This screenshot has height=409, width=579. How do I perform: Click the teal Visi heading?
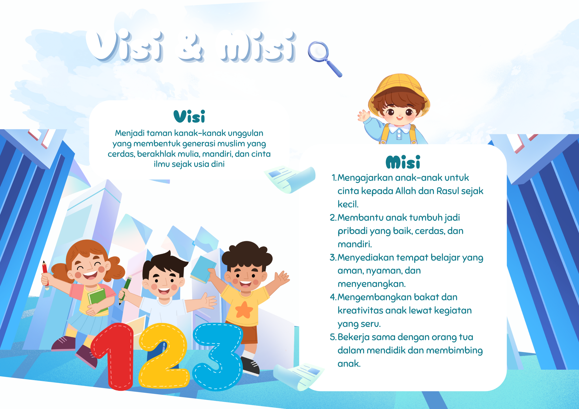point(189,116)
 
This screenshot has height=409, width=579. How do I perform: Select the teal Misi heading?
point(403,162)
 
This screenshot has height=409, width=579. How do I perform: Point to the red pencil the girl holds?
point(45,275)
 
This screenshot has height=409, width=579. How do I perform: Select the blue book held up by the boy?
point(203,269)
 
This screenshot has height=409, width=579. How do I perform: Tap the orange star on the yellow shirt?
point(244,310)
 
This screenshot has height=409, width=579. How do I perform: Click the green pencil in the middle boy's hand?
point(125,289)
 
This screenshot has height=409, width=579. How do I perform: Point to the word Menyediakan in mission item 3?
point(365,257)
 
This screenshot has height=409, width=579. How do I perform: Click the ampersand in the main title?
point(191,48)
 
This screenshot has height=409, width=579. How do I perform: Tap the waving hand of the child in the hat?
point(364,116)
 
